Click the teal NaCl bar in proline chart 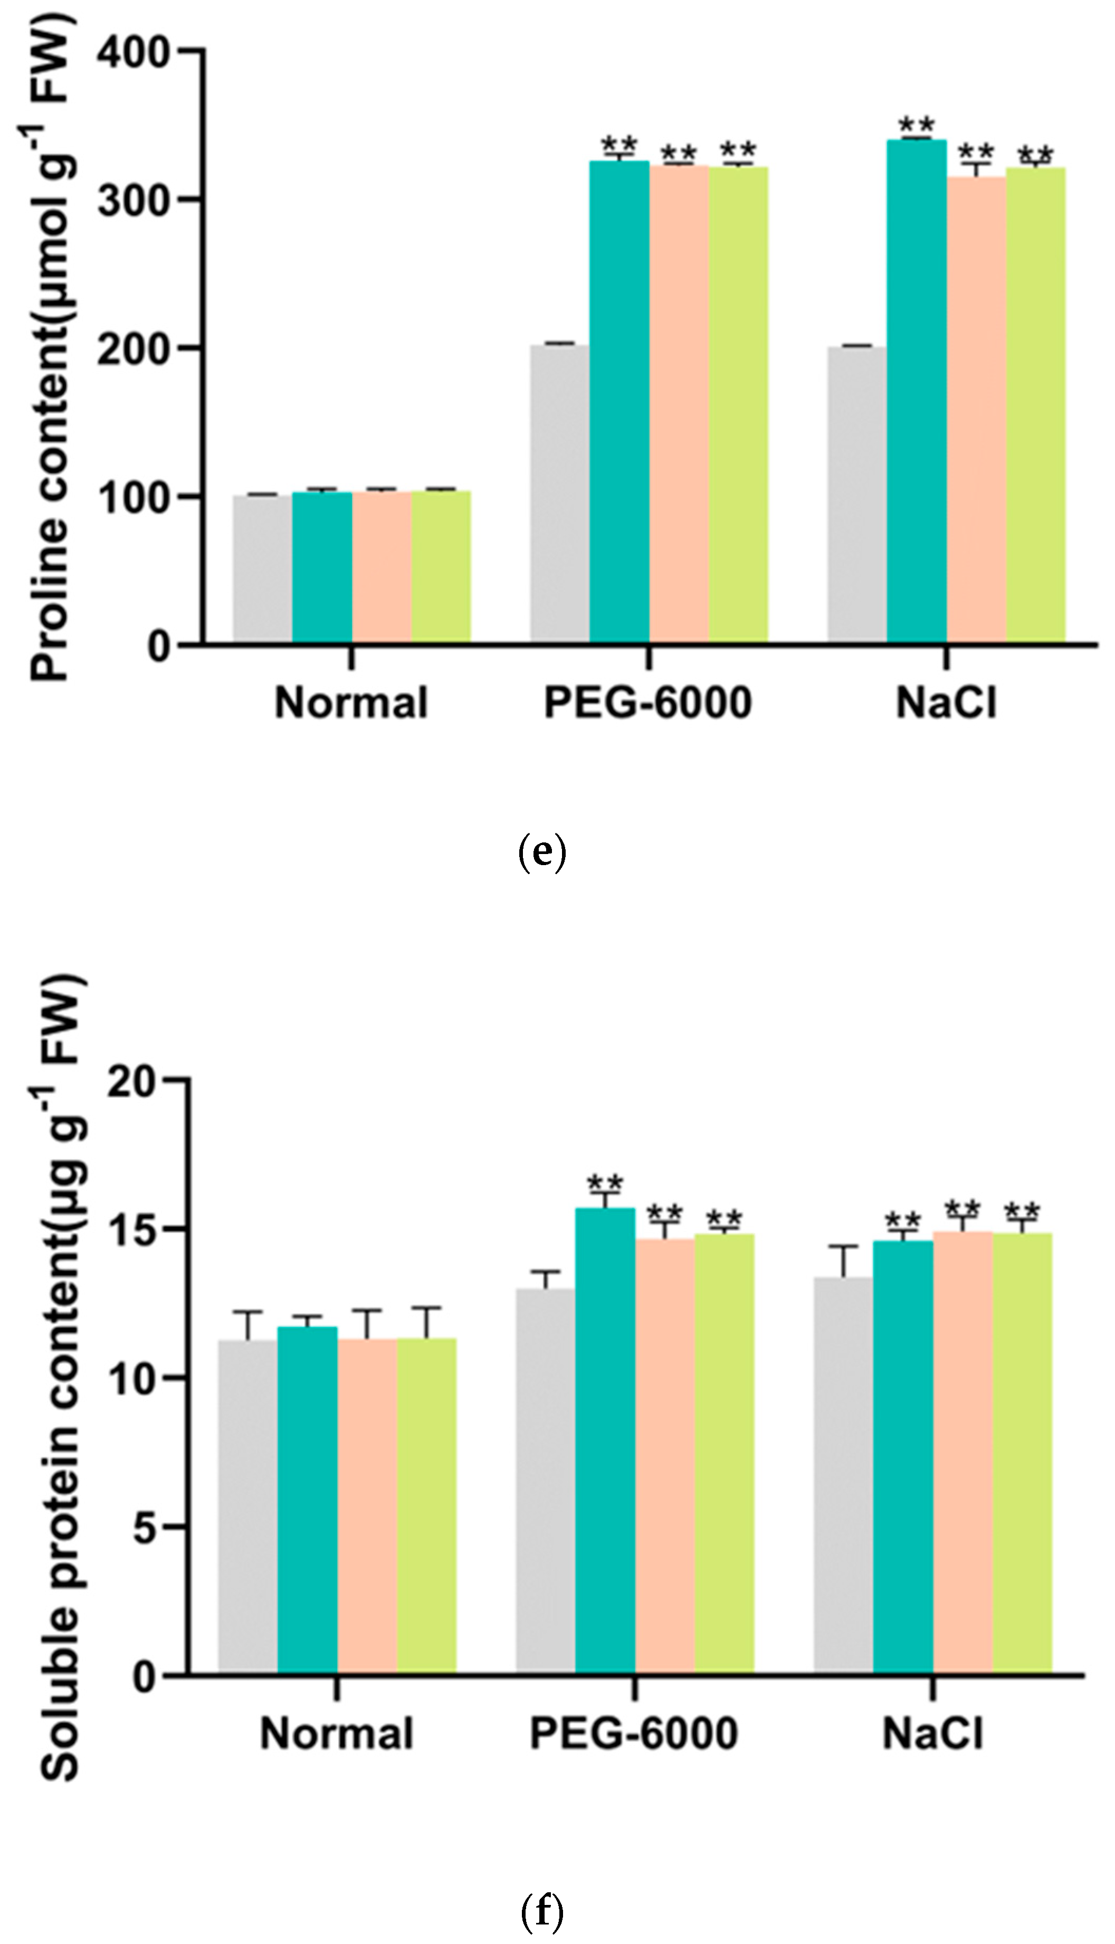(x=917, y=391)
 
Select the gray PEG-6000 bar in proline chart (x=560, y=494)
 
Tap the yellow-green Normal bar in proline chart (x=441, y=567)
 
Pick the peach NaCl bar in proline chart (x=976, y=410)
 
